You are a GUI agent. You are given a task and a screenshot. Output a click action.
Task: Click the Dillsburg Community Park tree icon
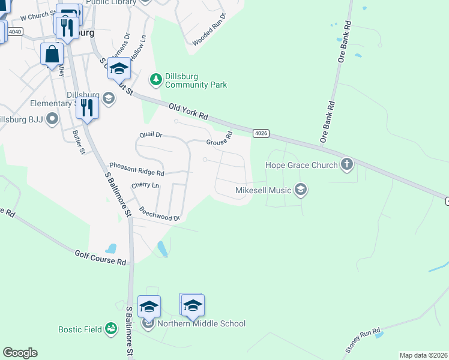[x=155, y=79]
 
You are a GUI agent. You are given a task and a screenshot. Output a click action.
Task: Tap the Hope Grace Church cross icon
[x=346, y=164]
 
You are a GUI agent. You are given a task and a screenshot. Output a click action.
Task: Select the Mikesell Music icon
[x=301, y=191]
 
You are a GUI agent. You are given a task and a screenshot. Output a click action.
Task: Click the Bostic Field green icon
[x=110, y=329]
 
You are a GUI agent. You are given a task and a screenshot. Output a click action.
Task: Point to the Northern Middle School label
[x=201, y=324]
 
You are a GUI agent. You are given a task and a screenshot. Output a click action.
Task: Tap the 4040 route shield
[x=16, y=31]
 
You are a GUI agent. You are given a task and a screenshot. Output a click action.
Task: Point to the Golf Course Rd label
[x=101, y=258]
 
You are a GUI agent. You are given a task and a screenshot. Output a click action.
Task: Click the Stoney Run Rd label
[x=363, y=340]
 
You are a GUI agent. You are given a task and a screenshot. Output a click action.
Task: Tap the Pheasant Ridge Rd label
[x=136, y=169]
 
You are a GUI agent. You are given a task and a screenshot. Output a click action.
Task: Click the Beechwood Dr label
[x=160, y=214]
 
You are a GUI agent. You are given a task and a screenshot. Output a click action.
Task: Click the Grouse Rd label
[x=219, y=140]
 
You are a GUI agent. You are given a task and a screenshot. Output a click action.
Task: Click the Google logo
[x=20, y=353]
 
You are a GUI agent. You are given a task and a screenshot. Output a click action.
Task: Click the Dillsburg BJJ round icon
[x=53, y=118]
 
